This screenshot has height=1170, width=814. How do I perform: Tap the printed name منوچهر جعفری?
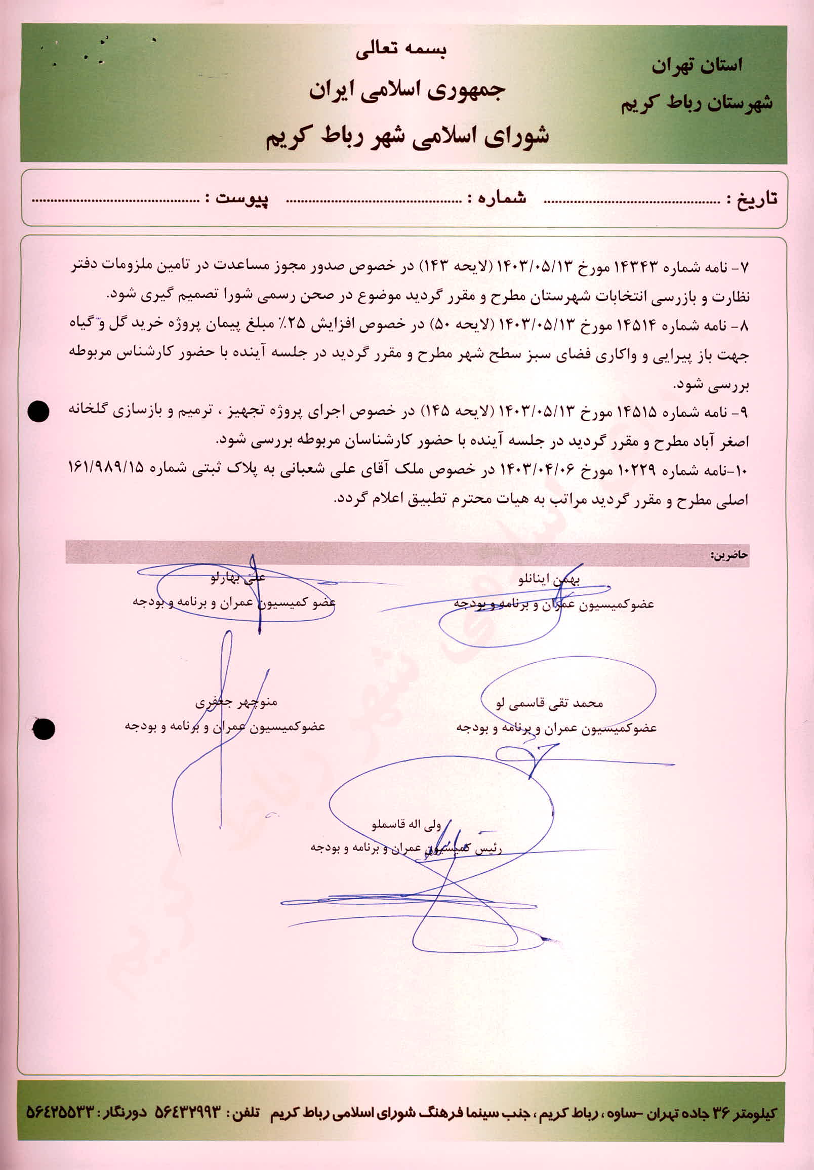click(236, 703)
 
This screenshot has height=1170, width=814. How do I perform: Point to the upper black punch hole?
click(38, 411)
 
